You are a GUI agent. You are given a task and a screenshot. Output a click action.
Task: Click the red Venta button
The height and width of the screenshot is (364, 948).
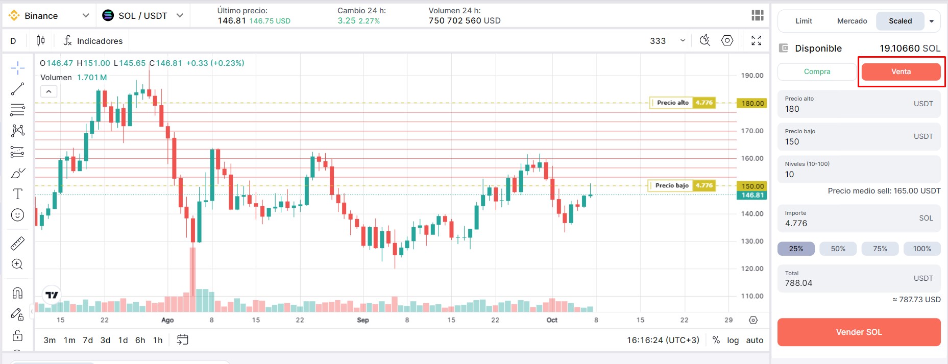[901, 72]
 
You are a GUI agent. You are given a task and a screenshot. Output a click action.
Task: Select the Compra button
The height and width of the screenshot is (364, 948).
[817, 72]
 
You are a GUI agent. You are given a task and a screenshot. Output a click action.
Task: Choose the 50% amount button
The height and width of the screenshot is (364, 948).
[838, 249]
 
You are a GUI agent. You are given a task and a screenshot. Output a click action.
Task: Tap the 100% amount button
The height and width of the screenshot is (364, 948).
[921, 249]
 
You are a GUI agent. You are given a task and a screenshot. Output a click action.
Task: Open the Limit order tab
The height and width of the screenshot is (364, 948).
[804, 21]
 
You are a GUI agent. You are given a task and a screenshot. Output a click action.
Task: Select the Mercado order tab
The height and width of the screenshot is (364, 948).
[852, 21]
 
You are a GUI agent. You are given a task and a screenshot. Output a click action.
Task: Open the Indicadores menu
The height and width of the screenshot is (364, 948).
[93, 41]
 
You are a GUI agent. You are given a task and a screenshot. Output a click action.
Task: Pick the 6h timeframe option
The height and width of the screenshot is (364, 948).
[140, 340]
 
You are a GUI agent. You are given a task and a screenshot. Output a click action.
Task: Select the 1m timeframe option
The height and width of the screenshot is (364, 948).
[69, 340]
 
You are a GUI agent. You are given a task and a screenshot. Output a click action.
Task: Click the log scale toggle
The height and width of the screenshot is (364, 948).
[733, 340]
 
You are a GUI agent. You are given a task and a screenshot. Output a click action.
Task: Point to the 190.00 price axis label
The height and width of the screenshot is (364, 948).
[752, 76]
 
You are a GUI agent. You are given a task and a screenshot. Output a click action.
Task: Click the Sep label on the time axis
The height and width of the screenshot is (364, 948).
[363, 320]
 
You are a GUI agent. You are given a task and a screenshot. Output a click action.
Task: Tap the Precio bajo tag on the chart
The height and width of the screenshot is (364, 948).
[672, 185]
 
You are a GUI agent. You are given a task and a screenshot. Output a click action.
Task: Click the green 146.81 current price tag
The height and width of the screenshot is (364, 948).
[752, 195]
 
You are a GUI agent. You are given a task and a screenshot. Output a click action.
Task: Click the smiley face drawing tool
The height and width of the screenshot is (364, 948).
[17, 215]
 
